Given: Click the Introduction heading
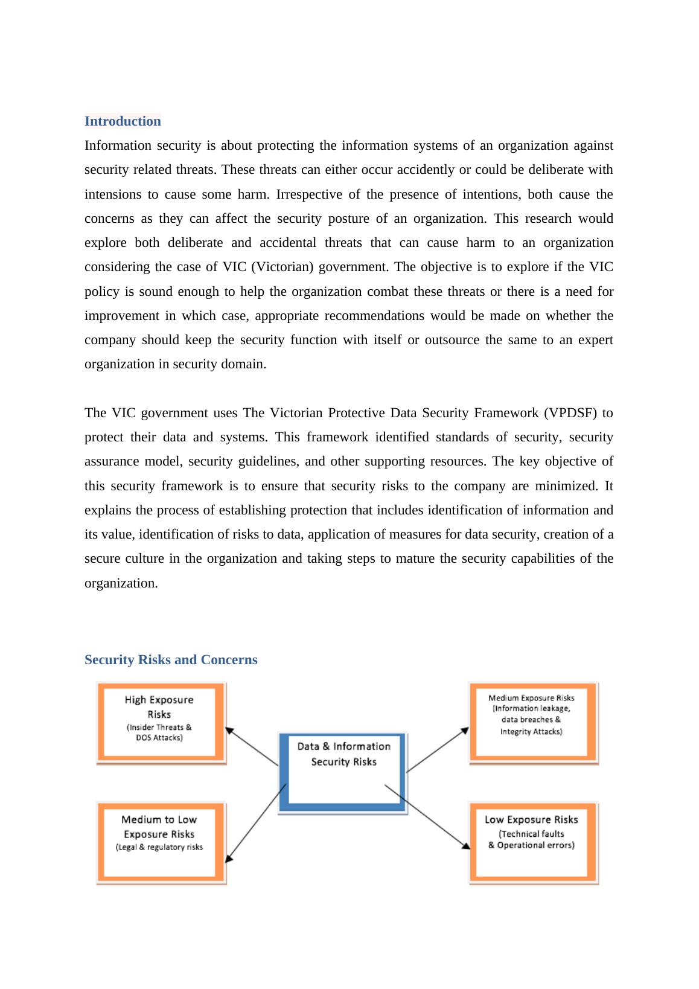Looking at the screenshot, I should (x=123, y=121).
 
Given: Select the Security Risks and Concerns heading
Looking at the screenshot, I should (x=171, y=660).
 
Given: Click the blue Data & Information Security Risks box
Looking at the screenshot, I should (x=343, y=773).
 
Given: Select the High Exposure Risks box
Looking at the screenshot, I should (x=160, y=722).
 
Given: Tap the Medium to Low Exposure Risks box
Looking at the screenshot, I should (x=160, y=842).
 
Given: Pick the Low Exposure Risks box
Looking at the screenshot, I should (x=532, y=842).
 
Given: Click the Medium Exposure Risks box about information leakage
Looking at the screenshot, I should (x=532, y=722).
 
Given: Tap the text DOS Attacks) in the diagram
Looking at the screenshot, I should (x=159, y=738).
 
